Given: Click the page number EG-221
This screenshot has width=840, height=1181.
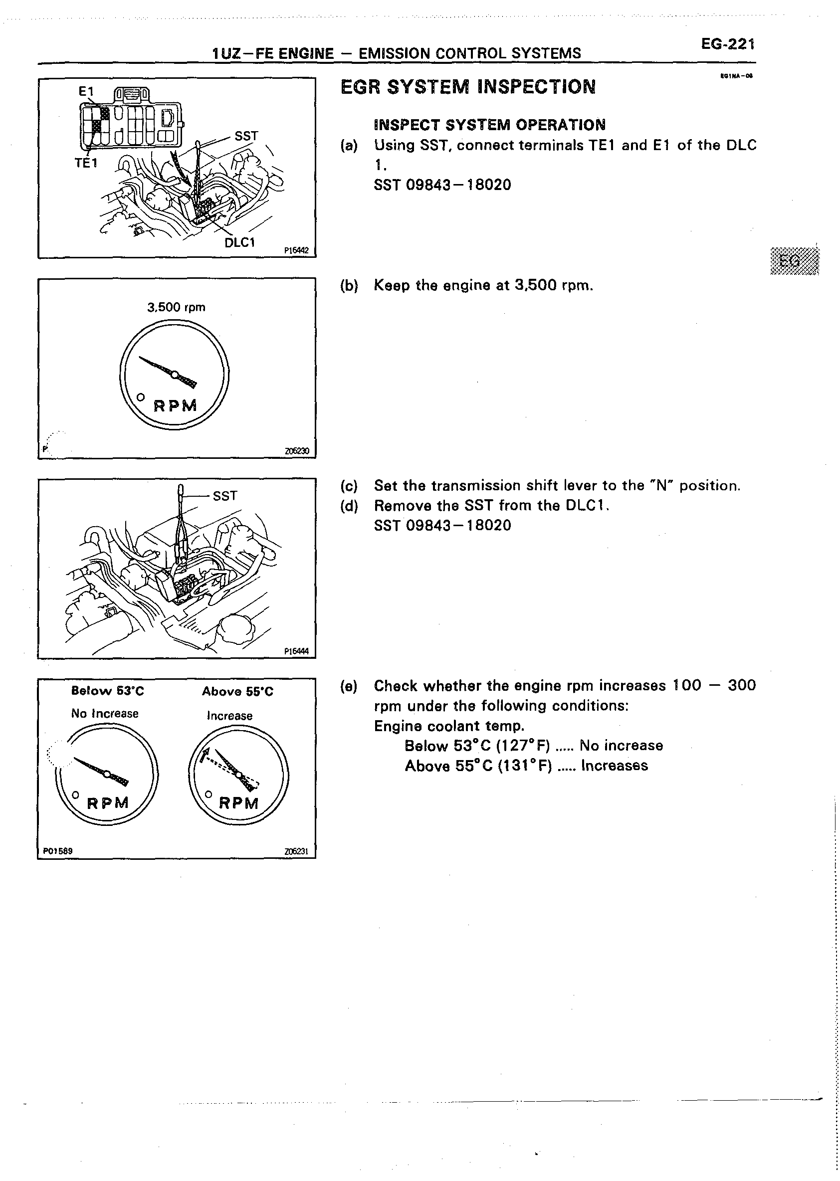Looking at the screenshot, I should pyautogui.click(x=728, y=44).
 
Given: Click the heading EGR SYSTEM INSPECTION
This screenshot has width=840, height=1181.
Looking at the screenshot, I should pyautogui.click(x=468, y=87).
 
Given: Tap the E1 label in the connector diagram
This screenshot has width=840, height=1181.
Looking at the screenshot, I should pyautogui.click(x=86, y=92).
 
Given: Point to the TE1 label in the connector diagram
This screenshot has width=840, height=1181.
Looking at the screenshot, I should pyautogui.click(x=86, y=163).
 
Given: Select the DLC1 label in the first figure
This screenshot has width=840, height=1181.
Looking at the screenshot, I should pyautogui.click(x=239, y=242).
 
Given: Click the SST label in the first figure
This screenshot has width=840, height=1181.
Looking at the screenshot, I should pyautogui.click(x=246, y=136).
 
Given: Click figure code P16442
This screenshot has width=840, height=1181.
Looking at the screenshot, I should pyautogui.click(x=296, y=251).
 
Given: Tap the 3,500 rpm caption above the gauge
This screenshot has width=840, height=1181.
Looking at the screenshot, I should pyautogui.click(x=177, y=308).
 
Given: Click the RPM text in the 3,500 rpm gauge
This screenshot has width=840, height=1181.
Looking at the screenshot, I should pyautogui.click(x=176, y=406).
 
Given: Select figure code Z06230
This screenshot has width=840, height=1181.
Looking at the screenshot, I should pyautogui.click(x=296, y=451).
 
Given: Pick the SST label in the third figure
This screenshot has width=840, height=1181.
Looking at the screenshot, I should pyautogui.click(x=225, y=496).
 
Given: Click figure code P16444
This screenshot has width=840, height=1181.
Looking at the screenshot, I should pyautogui.click(x=296, y=651).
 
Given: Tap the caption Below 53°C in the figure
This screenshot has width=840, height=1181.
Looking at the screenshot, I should pyautogui.click(x=108, y=691).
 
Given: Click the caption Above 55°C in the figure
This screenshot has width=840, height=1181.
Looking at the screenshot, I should pyautogui.click(x=237, y=691).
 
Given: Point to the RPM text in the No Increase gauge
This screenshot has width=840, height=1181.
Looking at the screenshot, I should pyautogui.click(x=108, y=803).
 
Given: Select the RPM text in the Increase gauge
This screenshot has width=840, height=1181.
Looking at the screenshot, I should pyautogui.click(x=238, y=803).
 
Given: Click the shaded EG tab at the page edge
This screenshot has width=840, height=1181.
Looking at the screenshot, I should pyautogui.click(x=794, y=261).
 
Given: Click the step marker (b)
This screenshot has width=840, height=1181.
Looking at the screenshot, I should pyautogui.click(x=349, y=285).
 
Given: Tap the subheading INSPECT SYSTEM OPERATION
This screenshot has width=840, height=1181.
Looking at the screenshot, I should pyautogui.click(x=489, y=125).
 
